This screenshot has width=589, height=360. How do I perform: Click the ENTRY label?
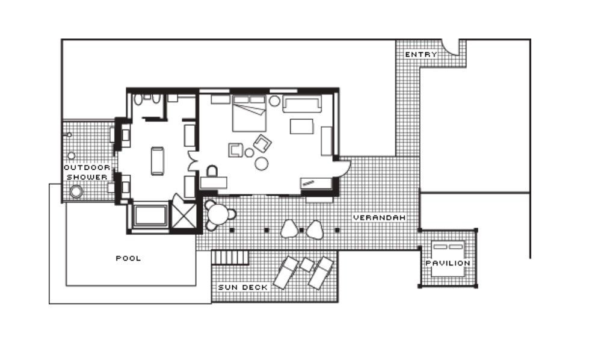(421, 55)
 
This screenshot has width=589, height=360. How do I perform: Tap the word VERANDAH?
(380, 217)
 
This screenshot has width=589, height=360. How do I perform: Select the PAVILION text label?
(448, 263)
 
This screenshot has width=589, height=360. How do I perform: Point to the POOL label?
(129, 258)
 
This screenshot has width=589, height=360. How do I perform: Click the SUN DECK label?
(243, 287)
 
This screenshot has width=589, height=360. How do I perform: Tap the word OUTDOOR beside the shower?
(87, 167)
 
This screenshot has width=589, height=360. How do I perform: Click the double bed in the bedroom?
(249, 113)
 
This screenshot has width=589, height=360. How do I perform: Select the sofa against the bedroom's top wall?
(302, 104)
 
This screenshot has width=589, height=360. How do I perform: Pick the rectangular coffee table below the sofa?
(301, 126)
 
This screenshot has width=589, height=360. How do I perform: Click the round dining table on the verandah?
(218, 214)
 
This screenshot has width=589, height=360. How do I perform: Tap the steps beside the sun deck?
(230, 258)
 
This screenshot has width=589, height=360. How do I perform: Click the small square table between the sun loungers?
(307, 264)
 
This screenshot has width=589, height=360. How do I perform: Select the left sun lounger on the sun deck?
(286, 273)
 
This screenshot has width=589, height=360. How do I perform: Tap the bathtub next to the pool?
(150, 216)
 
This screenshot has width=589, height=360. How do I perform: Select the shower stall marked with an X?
(183, 216)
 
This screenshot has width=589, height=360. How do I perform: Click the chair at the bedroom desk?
(212, 171)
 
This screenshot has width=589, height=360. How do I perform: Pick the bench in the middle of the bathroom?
(158, 161)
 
